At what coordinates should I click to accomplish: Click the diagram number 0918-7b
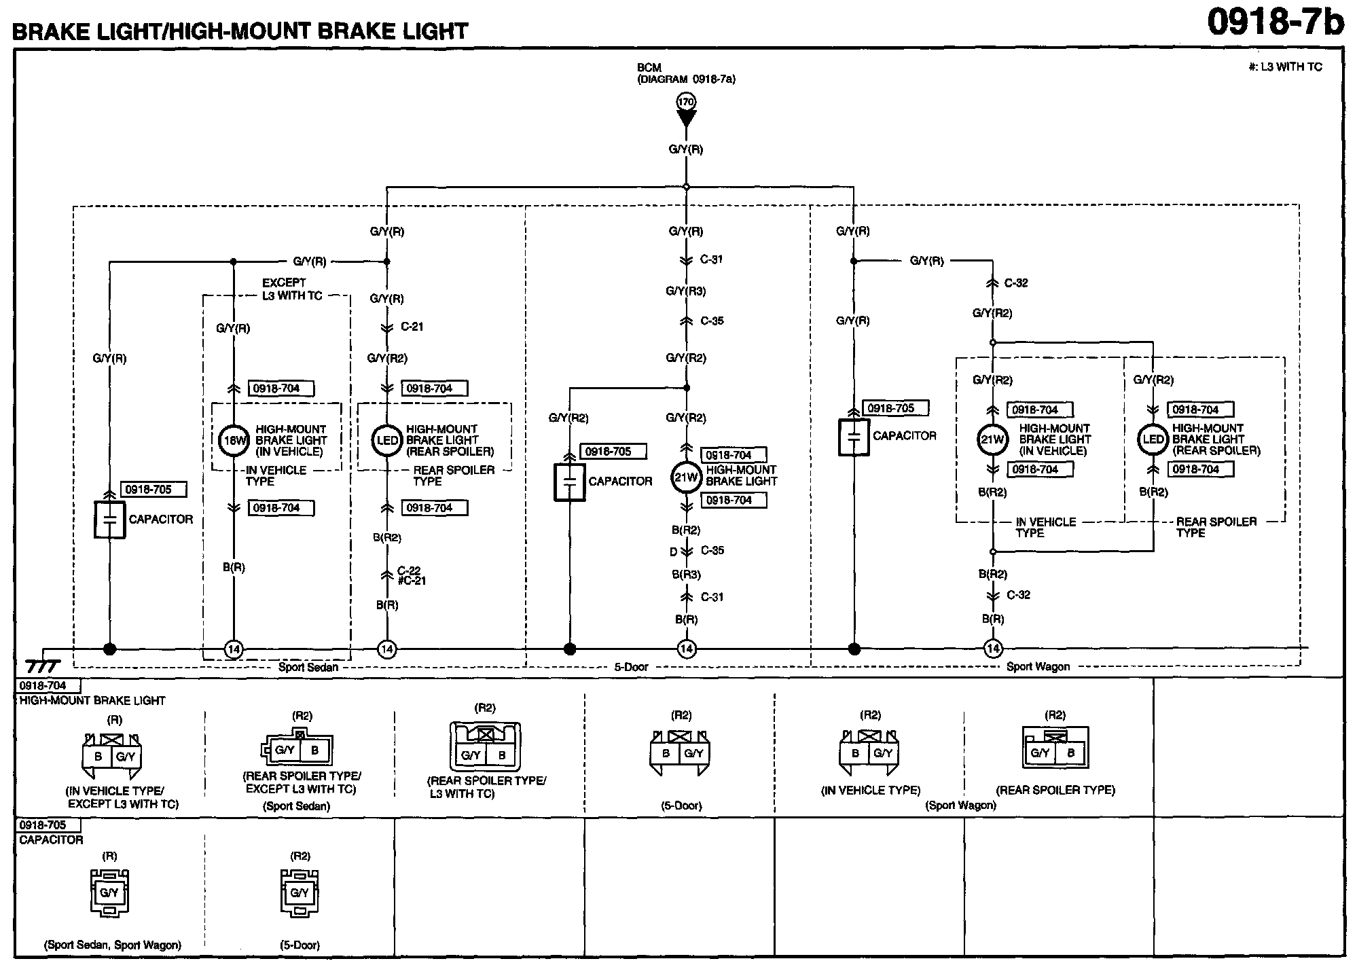click(x=1275, y=22)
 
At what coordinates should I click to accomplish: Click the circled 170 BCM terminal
click(x=686, y=102)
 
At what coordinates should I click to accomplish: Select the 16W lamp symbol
click(x=233, y=441)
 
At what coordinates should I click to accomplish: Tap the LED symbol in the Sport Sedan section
click(x=387, y=441)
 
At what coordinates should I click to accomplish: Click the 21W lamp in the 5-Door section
click(x=686, y=477)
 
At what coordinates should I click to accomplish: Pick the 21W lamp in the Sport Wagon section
click(x=992, y=439)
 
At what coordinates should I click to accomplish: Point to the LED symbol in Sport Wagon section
click(x=1153, y=439)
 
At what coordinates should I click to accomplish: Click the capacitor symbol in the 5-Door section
click(x=569, y=482)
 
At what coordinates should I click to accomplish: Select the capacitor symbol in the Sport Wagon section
click(x=854, y=437)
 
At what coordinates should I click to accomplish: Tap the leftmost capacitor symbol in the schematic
click(x=109, y=520)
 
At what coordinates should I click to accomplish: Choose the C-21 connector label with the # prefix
click(x=412, y=581)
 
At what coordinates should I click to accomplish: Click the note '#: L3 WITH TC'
click(x=1285, y=67)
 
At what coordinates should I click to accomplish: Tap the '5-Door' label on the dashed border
click(x=631, y=668)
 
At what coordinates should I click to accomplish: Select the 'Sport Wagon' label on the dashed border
click(x=1038, y=667)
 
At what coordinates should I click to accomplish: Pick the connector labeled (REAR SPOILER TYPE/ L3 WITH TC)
click(x=486, y=747)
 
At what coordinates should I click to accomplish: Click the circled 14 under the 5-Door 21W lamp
click(x=686, y=649)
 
